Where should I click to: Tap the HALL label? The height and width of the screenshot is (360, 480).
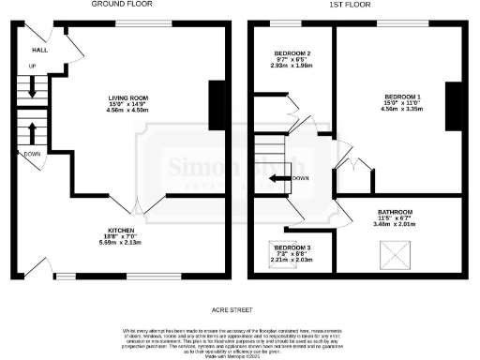40,50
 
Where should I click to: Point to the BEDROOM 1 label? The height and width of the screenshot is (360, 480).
402,97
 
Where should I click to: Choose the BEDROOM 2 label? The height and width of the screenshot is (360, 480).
292,53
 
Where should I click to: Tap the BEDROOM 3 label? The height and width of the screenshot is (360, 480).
292,247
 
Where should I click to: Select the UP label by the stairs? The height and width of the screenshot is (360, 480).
33,67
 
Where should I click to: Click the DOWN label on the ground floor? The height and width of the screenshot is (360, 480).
33,154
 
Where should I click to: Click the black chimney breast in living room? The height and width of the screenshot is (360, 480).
215,104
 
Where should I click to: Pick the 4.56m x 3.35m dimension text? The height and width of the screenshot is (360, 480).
402,110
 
